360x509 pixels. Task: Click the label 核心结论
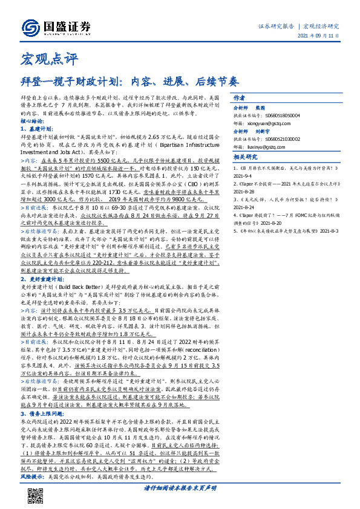point(33,120)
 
